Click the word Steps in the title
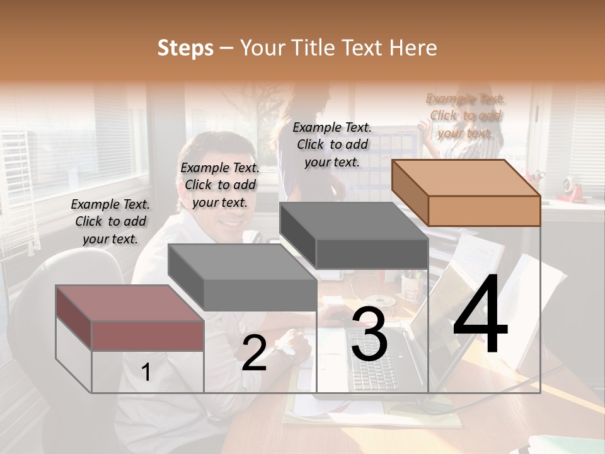pyautogui.click(x=185, y=48)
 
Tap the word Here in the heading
pyautogui.click(x=413, y=48)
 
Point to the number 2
pyautogui.click(x=254, y=353)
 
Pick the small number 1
pyautogui.click(x=146, y=373)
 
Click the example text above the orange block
pyautogui.click(x=466, y=115)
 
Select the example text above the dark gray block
pyautogui.click(x=332, y=144)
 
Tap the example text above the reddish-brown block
pyautogui.click(x=110, y=221)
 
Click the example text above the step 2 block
pyautogui.click(x=220, y=185)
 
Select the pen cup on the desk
pyautogui.click(x=412, y=287)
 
